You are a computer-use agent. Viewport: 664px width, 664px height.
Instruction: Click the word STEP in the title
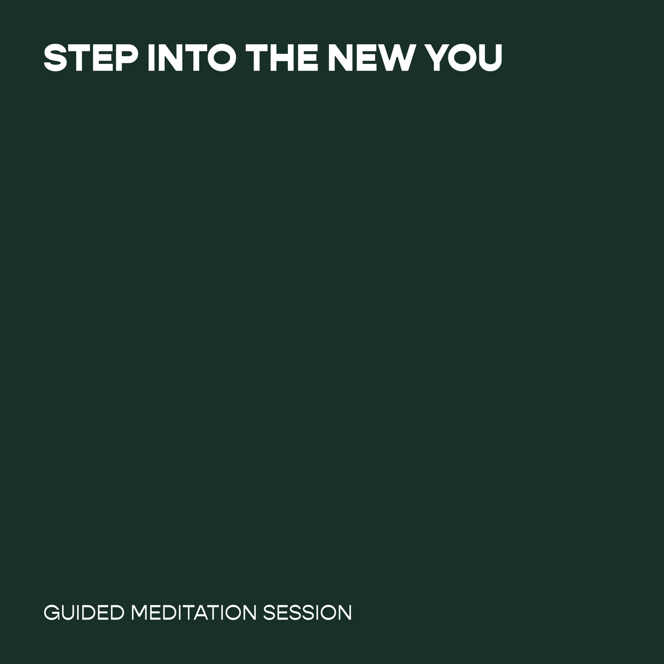(x=91, y=57)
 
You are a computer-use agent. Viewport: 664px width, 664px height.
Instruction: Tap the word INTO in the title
(x=192, y=57)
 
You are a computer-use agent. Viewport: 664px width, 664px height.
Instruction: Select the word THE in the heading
(x=282, y=57)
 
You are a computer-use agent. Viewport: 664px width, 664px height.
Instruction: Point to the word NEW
(x=371, y=57)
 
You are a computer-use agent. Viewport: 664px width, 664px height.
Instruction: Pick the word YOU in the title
(x=463, y=57)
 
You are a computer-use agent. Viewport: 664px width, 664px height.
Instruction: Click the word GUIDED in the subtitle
(x=84, y=613)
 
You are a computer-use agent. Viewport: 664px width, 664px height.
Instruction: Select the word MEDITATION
(x=194, y=613)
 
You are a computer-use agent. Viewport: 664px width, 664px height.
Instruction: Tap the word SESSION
(x=307, y=613)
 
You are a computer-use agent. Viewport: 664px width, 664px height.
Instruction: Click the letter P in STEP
(x=127, y=57)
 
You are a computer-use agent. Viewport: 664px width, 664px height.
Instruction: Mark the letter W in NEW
(x=395, y=57)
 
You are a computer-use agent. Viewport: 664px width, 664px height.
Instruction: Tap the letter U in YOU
(x=490, y=58)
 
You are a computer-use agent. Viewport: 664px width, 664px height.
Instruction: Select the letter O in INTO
(x=222, y=57)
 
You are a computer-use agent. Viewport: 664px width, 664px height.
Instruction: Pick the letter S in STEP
(x=56, y=57)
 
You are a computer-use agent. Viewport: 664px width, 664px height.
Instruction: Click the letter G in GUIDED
(x=51, y=613)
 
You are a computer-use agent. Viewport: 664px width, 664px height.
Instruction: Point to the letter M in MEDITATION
(x=139, y=613)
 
